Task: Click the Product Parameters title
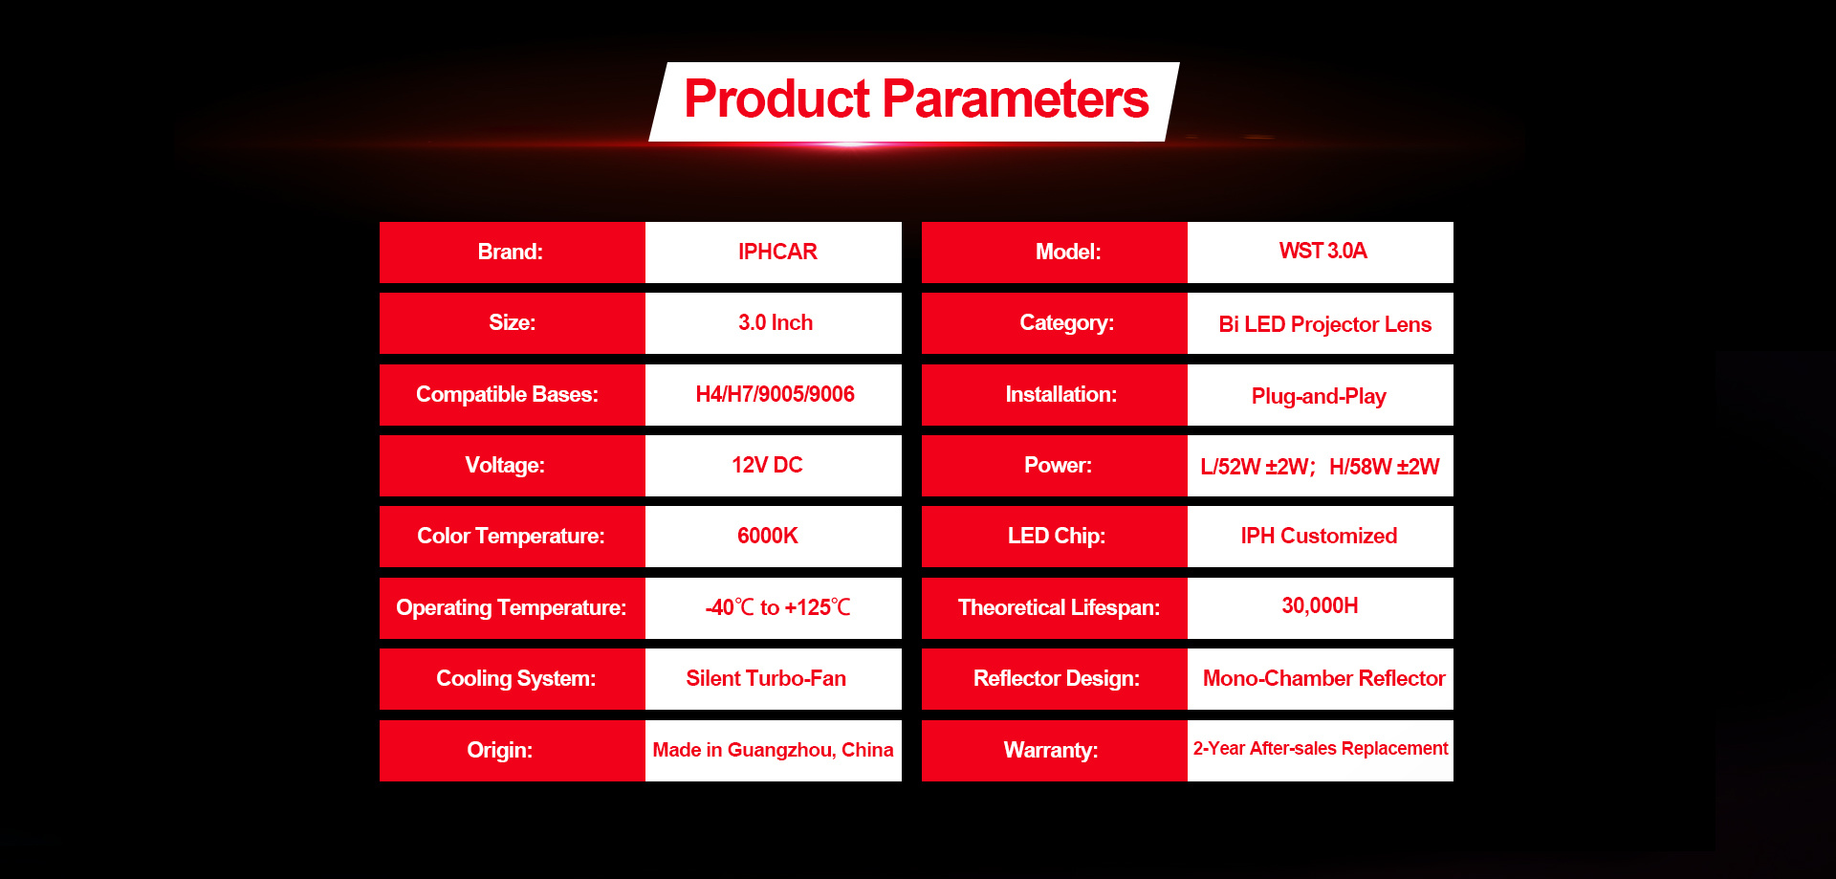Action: coord(916,99)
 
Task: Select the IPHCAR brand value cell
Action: coord(774,253)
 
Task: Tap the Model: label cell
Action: coord(1055,253)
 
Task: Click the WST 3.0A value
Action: coord(1322,251)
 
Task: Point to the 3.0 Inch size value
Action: coord(776,322)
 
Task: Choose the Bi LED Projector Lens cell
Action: coord(1321,323)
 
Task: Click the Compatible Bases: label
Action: coord(507,394)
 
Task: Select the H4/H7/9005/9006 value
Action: coord(776,394)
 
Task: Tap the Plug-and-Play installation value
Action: coord(1319,396)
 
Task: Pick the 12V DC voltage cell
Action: coord(774,466)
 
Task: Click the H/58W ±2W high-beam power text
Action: coord(1384,467)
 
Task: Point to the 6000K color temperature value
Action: coord(767,536)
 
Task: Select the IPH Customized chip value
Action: coord(1319,536)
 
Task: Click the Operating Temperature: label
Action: coord(512,607)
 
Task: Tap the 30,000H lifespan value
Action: coord(1320,605)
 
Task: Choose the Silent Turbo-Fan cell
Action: coord(774,679)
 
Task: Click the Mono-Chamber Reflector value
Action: coord(1324,678)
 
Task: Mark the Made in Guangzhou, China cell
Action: coord(774,751)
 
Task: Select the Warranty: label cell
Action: coord(1055,751)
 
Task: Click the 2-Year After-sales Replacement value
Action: coord(1321,748)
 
